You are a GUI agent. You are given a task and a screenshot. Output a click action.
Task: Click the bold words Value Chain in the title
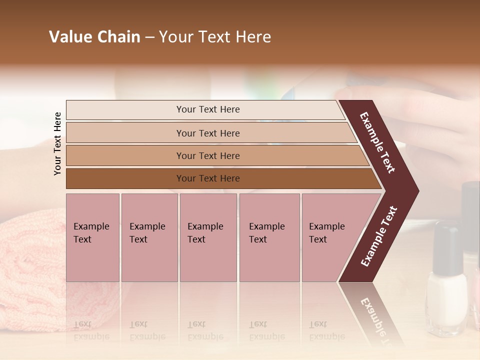94,37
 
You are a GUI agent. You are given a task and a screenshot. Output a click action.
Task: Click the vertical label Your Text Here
57,143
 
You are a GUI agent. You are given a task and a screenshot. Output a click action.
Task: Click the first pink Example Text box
92,237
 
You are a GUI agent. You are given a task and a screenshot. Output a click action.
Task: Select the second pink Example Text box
149,237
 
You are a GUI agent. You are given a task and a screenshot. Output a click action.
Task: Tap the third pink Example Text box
208,237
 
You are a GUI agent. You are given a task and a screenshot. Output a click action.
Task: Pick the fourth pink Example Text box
269,237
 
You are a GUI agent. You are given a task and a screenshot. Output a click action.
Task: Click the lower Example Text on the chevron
379,236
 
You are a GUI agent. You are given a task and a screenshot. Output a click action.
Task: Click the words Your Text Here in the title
215,37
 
